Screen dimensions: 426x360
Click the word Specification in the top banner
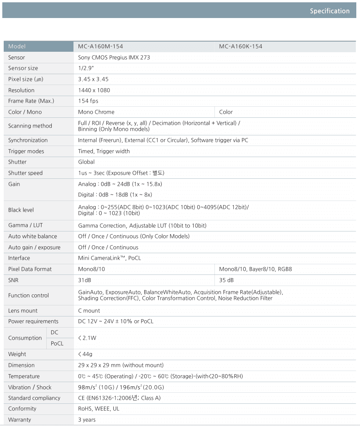point(329,11)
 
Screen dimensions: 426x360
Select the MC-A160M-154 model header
point(101,46)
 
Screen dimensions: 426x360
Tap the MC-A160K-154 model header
point(241,46)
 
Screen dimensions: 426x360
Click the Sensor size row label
point(23,68)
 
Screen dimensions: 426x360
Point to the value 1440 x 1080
point(94,90)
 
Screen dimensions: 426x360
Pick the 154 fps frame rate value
point(88,101)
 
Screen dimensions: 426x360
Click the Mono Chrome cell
point(96,112)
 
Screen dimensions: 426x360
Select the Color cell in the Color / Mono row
point(226,112)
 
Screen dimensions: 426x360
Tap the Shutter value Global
point(86,162)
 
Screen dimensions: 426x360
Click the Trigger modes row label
point(26,151)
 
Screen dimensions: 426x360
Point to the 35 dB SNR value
point(226,280)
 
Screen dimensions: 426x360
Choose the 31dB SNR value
point(85,280)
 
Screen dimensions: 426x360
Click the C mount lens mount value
point(89,310)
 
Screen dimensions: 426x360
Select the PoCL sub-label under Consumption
point(57,343)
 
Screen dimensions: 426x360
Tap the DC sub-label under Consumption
point(55,332)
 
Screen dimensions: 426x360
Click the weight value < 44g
point(85,354)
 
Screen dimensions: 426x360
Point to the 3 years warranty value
point(87,420)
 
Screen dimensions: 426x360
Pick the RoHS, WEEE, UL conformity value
point(99,408)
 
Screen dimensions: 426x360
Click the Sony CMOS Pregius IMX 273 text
point(114,57)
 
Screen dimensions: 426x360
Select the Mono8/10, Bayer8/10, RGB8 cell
point(256,269)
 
